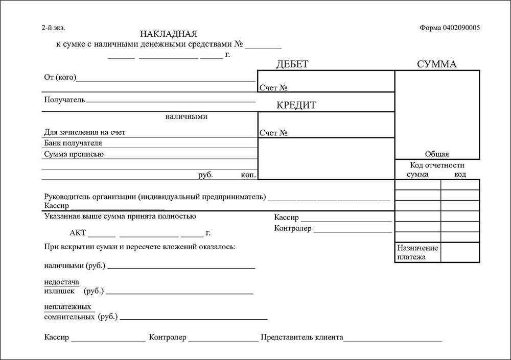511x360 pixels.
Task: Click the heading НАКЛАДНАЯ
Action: [x=168, y=34]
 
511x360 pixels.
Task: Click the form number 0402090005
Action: [x=449, y=28]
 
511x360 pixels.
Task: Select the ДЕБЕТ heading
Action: [x=292, y=64]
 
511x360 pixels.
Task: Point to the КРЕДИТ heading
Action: [x=296, y=106]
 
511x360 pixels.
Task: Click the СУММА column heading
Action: [x=436, y=64]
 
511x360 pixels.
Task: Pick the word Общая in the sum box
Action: [x=437, y=154]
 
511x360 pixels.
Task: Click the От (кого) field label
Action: [x=60, y=78]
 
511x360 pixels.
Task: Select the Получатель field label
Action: [x=64, y=99]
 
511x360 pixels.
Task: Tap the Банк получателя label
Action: [x=73, y=142]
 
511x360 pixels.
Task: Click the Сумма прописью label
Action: [x=74, y=154]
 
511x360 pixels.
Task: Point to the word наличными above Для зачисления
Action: [x=186, y=116]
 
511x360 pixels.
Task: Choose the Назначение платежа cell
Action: [x=417, y=252]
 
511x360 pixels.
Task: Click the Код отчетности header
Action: [x=437, y=165]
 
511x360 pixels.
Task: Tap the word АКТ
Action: [x=78, y=233]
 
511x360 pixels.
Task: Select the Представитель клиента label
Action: [x=302, y=338]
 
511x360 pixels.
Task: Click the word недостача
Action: [x=62, y=282]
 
